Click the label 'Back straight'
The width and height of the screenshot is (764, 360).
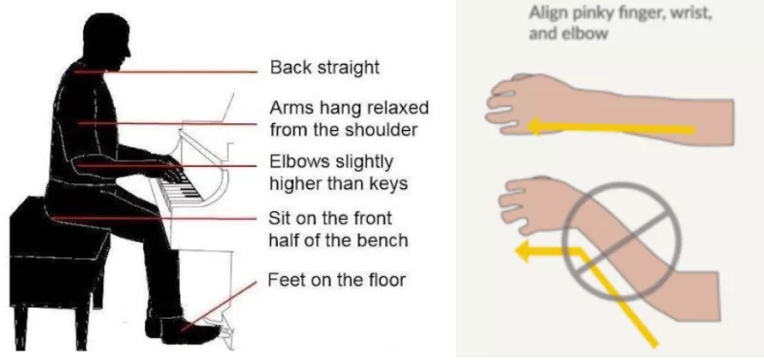(x=325, y=69)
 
